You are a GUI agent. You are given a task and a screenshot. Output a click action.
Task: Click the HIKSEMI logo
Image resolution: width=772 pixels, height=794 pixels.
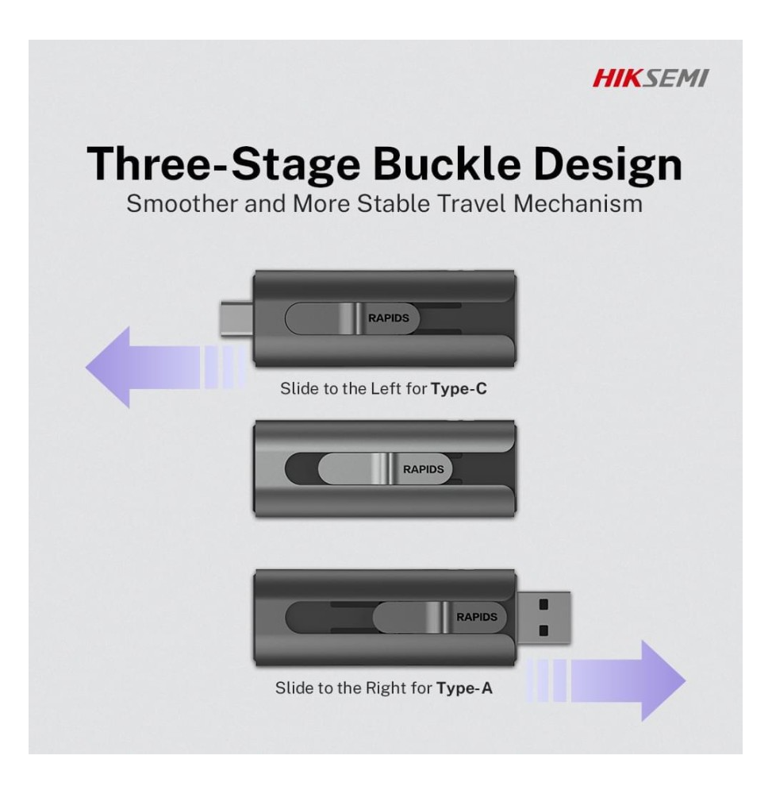651,79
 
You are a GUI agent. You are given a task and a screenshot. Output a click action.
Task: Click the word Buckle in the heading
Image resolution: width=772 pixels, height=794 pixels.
447,164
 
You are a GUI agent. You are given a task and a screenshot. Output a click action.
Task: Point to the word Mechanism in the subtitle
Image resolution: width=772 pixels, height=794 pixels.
578,203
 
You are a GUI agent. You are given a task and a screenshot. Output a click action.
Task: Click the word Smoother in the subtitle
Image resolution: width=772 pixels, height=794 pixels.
182,203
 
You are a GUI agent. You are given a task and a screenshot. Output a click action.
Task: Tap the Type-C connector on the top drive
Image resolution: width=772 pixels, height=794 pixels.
236,318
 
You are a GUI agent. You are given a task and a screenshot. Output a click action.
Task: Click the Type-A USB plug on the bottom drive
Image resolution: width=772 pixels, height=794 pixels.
543,618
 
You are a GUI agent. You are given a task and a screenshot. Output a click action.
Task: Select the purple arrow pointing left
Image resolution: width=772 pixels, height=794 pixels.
166,367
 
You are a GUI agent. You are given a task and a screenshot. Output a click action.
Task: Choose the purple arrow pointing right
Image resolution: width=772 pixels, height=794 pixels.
606,680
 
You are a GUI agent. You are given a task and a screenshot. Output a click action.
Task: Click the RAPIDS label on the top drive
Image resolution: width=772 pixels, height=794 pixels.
389,318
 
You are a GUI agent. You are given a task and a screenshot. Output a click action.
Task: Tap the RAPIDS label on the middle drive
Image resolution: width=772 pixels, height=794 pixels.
424,469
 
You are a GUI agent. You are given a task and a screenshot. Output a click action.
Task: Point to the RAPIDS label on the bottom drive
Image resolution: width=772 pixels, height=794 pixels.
477,617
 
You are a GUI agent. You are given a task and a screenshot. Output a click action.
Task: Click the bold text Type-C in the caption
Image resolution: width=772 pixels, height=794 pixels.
459,389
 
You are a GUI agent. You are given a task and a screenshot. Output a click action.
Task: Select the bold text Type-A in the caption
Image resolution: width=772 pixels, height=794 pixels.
464,688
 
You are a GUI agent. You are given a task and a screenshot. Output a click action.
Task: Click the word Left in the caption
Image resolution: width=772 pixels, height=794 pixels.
386,388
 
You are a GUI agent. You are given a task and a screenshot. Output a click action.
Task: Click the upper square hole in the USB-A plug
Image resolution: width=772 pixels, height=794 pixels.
543,604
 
